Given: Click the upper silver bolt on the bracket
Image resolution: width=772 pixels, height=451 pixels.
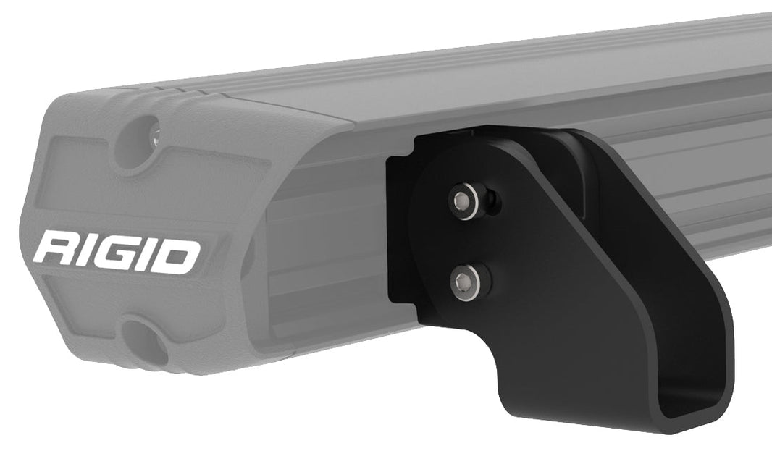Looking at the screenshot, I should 463,198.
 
